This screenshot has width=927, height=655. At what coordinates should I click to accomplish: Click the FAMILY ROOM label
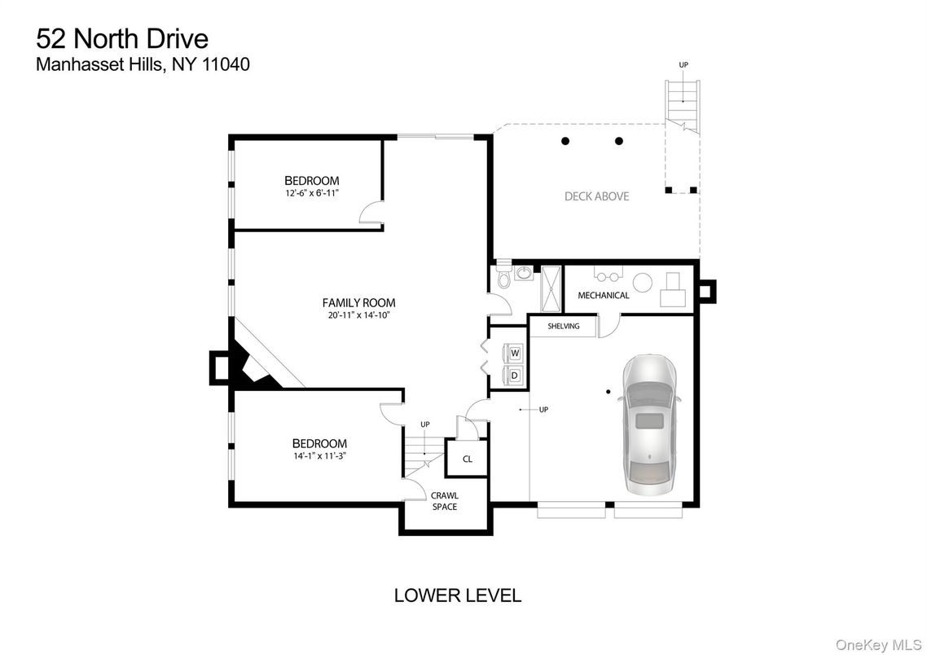358,302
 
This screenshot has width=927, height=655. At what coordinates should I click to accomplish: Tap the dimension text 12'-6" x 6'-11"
311,193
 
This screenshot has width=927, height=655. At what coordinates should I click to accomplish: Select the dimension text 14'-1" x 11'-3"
319,456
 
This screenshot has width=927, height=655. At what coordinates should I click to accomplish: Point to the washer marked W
515,353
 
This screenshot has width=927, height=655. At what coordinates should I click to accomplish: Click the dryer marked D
515,375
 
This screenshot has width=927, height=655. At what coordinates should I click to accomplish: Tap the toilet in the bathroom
503,278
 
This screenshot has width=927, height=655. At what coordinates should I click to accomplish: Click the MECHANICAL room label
603,295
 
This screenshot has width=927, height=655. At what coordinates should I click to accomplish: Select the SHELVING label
563,327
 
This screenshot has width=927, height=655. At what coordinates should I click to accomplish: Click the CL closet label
467,459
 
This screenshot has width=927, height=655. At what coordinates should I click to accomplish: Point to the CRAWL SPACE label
444,501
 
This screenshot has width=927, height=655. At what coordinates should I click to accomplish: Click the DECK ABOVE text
596,196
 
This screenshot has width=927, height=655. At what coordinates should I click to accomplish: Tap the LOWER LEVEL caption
457,596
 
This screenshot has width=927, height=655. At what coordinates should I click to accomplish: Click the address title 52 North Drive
122,37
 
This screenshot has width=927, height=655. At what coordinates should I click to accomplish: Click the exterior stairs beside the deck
682,103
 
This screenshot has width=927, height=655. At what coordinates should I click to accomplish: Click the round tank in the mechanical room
644,282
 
